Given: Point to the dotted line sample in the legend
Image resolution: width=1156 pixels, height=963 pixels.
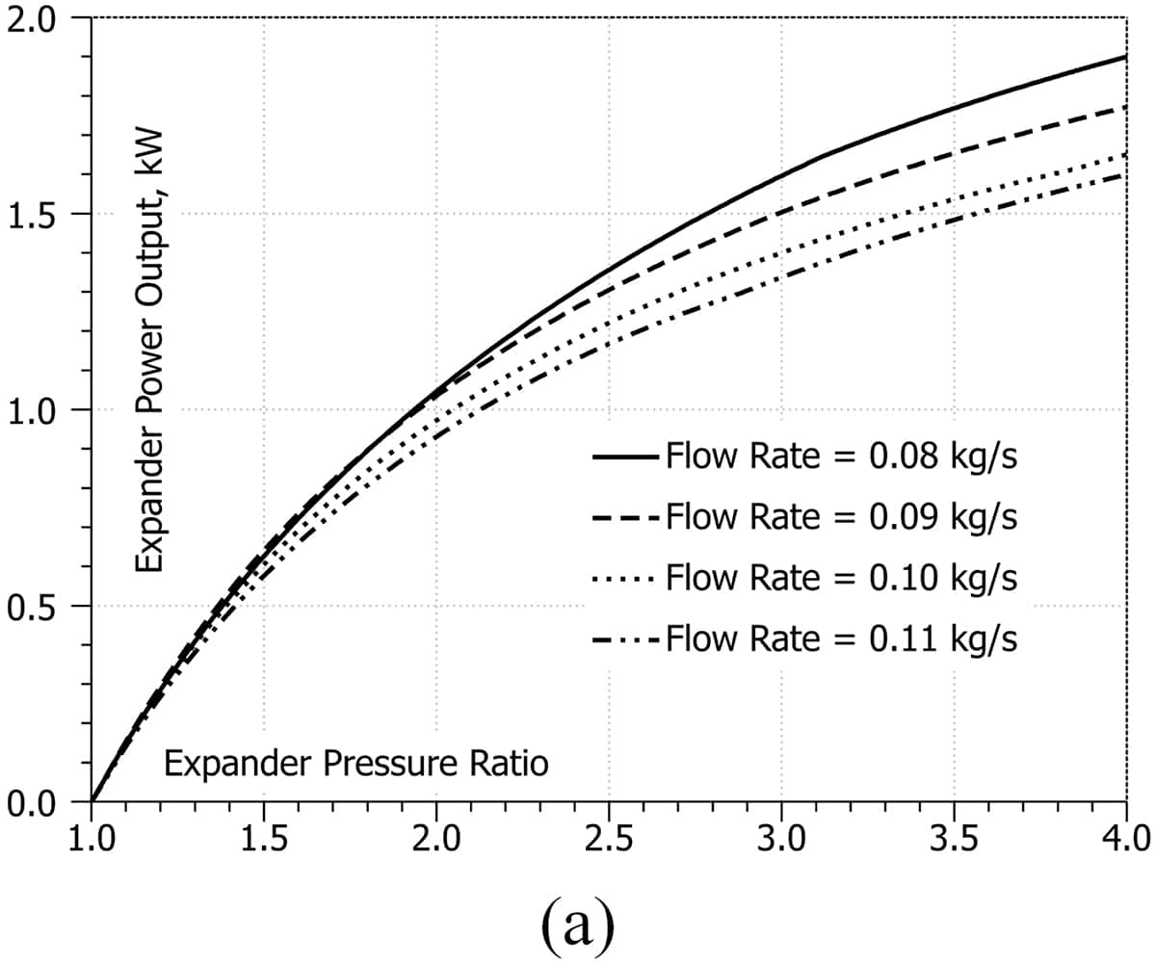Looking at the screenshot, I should point(626,579).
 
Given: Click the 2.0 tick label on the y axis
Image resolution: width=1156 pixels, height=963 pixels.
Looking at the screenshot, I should point(37,18).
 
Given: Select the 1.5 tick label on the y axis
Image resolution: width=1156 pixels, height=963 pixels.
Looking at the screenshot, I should point(37,214).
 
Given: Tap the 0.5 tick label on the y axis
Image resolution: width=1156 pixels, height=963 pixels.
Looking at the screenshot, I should point(37,606).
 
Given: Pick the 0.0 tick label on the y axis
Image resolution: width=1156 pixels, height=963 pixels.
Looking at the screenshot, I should point(37,801).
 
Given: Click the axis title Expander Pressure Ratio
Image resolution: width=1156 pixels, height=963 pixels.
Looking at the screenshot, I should point(356,765).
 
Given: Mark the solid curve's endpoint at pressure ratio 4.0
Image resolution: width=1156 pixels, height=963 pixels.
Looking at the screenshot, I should point(1126,57).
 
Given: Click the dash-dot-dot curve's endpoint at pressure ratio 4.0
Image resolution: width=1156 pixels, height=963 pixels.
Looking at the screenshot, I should point(1126,174).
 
